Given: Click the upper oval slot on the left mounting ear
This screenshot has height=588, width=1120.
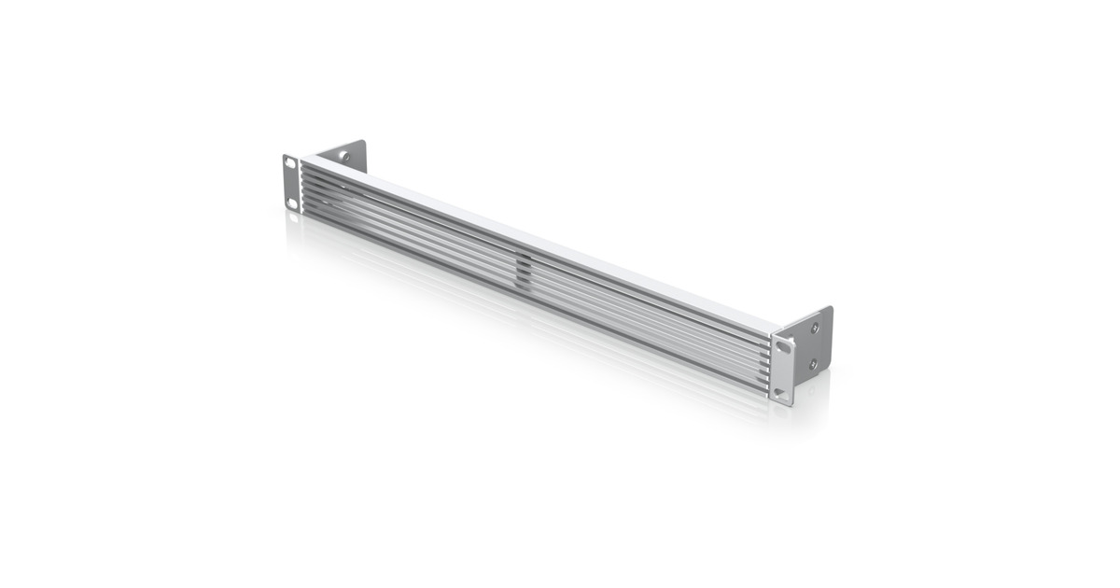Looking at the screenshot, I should click(289, 164).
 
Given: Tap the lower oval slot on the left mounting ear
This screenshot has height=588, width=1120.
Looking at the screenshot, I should click(292, 202).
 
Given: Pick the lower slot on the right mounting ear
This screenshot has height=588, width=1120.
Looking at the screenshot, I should click(782, 393).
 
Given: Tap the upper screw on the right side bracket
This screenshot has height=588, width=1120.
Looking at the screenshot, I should click(814, 329).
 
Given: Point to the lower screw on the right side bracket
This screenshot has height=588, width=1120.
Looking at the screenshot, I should click(814, 364).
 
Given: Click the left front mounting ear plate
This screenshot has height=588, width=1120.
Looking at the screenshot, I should click(291, 183).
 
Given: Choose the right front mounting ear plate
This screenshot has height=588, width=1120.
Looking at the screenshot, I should click(782, 371).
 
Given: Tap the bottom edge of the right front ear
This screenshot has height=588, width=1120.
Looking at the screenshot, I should click(782, 403).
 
